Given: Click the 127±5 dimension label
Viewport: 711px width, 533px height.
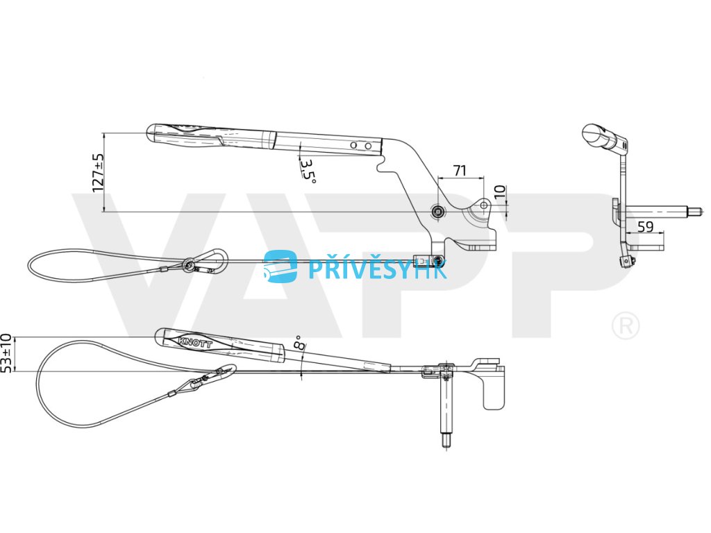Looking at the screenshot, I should [98, 172].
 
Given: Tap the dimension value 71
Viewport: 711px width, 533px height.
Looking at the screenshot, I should [459, 170].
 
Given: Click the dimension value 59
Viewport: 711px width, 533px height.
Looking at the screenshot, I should [645, 226].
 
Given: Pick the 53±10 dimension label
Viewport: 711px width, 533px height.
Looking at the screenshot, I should [8, 353].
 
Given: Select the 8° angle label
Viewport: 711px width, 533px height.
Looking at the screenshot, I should [299, 342].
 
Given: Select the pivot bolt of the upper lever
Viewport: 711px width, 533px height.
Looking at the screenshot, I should [437, 211].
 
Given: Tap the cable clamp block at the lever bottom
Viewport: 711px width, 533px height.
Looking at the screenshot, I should [427, 261].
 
